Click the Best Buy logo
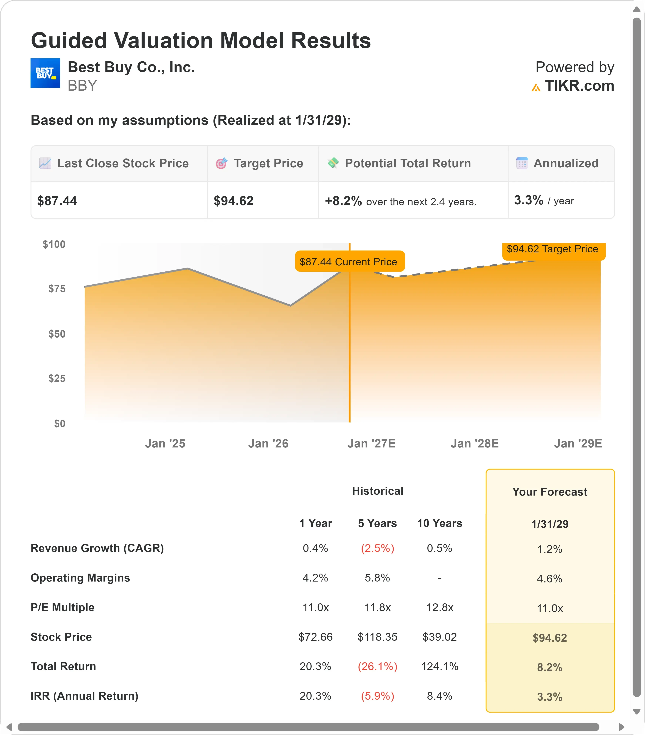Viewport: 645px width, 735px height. (45, 73)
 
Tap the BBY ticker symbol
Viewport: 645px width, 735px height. (82, 86)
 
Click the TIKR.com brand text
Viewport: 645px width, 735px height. (579, 86)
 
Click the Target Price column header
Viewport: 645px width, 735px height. (268, 163)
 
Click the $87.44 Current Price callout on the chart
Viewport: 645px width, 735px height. (350, 261)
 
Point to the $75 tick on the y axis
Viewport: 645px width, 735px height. (57, 289)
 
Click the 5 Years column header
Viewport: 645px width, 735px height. (377, 523)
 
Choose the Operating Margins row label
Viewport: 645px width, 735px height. (80, 578)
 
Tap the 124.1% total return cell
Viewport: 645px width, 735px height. (440, 666)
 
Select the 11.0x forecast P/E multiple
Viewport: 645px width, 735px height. (550, 608)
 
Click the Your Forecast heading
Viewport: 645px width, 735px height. (550, 491)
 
